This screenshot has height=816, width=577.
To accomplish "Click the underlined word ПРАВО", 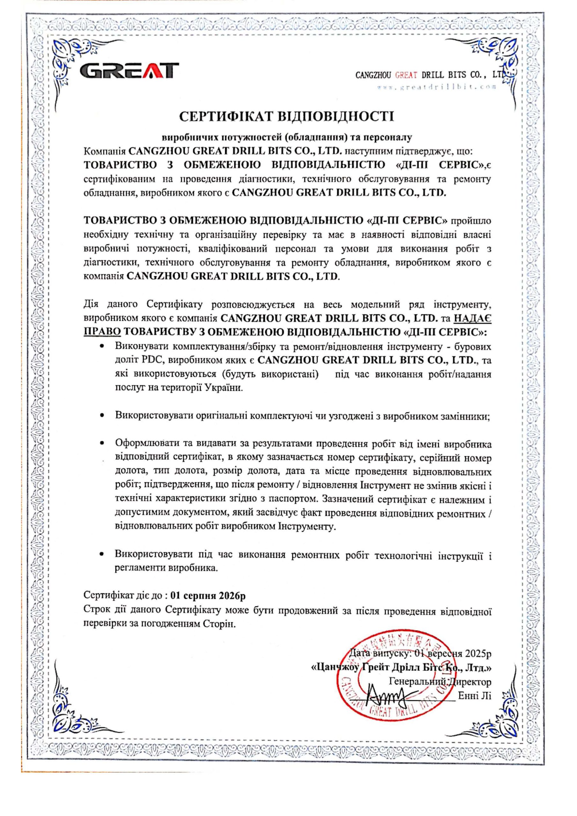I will [102, 331].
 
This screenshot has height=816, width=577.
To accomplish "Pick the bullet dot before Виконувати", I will [102, 346].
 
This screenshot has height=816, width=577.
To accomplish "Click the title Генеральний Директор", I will [440, 682].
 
